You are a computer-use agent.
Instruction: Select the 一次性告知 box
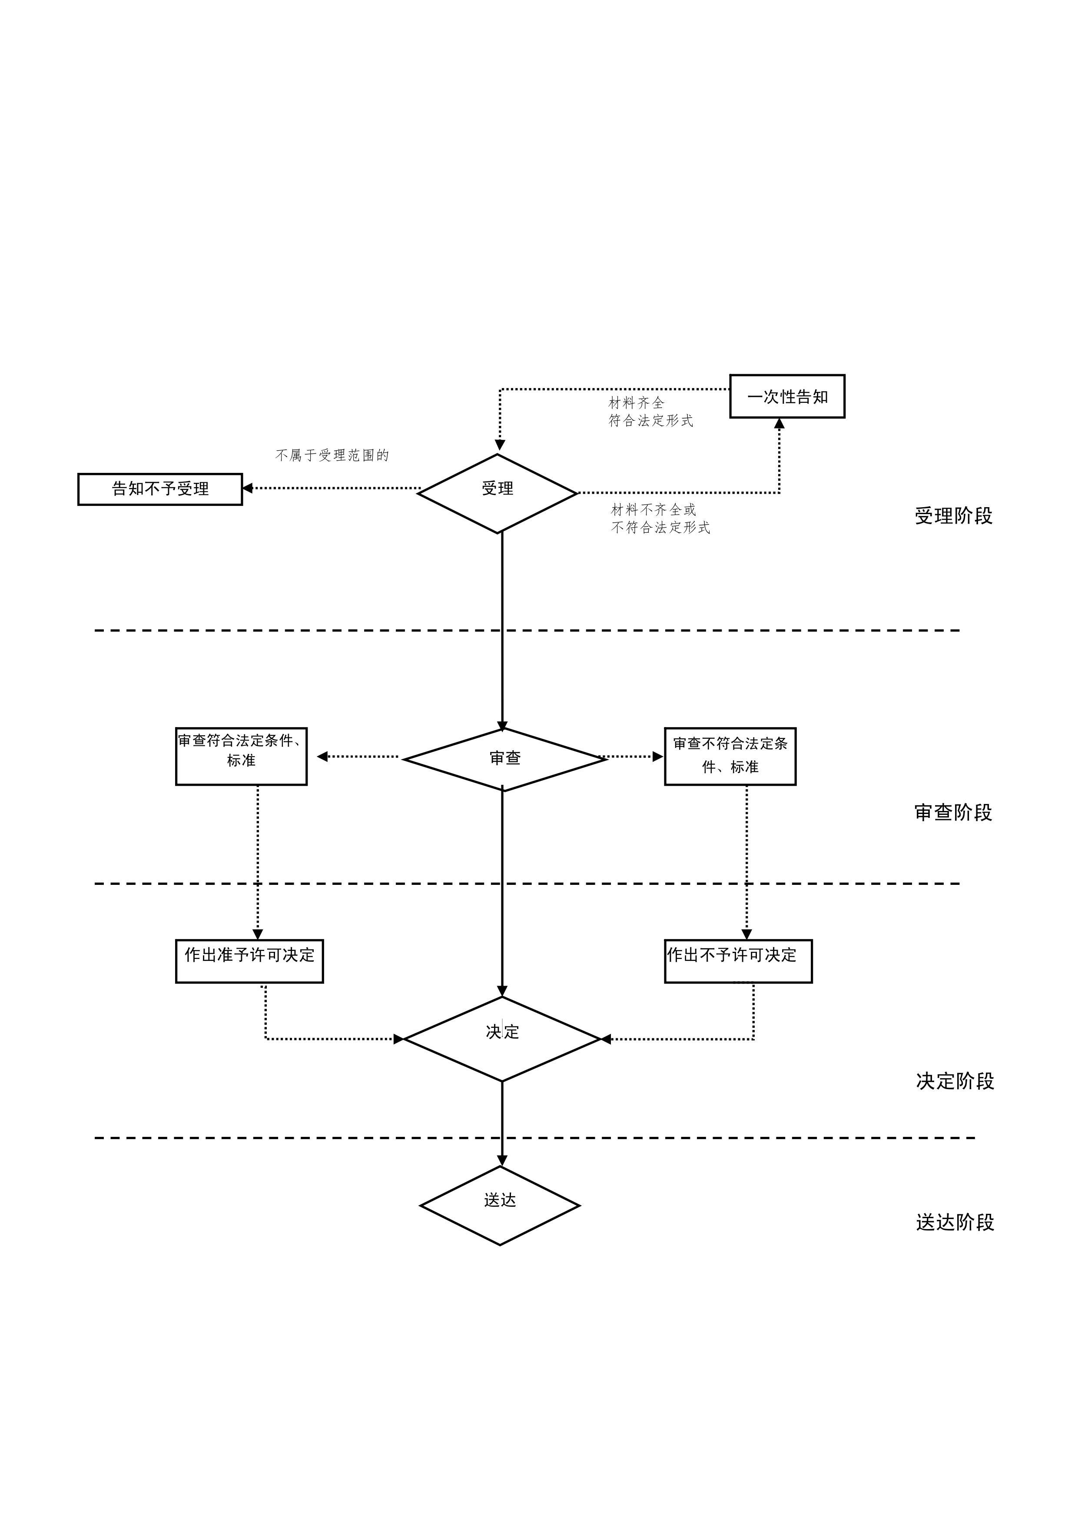point(787,396)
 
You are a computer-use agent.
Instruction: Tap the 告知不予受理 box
point(160,489)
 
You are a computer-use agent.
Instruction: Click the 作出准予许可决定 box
point(249,960)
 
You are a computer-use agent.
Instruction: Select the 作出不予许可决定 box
point(738,960)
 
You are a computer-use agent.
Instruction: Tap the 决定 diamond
point(502,1039)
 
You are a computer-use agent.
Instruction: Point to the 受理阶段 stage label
point(953,516)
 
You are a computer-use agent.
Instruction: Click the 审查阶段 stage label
point(953,812)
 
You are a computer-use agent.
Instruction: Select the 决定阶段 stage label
point(955,1081)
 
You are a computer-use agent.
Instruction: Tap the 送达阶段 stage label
point(955,1222)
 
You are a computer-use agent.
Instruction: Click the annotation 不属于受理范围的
point(332,455)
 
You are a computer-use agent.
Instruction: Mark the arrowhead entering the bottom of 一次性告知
point(779,424)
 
